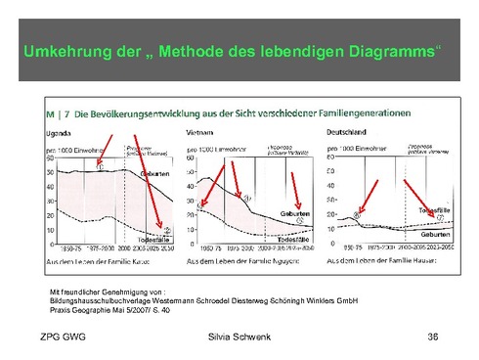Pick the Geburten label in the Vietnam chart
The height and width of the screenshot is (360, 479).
coord(295,212)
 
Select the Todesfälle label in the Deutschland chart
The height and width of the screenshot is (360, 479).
coord(435,209)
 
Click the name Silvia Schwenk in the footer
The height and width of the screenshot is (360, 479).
coord(239,337)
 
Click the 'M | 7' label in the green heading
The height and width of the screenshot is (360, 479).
coord(57,114)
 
